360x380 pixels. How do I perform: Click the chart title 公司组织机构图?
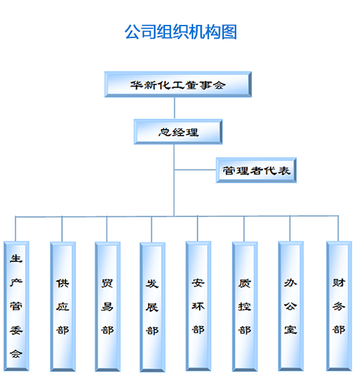pyautogui.click(x=181, y=31)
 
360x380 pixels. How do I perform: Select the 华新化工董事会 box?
pyautogui.click(x=178, y=85)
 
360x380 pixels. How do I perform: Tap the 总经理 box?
pyautogui.click(x=178, y=132)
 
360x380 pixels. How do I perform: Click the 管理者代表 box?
pyautogui.click(x=257, y=170)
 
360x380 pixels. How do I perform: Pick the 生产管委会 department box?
pyautogui.click(x=16, y=306)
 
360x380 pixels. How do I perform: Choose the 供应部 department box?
pyautogui.click(x=63, y=307)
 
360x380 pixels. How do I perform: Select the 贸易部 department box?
pyautogui.click(x=107, y=307)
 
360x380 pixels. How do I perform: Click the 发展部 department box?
pyautogui.click(x=153, y=307)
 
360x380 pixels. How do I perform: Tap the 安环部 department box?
pyautogui.click(x=198, y=306)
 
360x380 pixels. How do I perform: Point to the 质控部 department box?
pyautogui.click(x=245, y=307)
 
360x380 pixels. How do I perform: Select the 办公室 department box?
pyautogui.click(x=291, y=306)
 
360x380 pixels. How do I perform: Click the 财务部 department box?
pyautogui.click(x=339, y=306)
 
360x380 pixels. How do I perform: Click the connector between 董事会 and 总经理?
pyautogui.click(x=175, y=108)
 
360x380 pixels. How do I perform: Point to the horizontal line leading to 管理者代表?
pyautogui.click(x=195, y=170)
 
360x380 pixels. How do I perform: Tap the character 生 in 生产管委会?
pyautogui.click(x=16, y=259)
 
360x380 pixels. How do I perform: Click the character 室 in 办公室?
pyautogui.click(x=291, y=330)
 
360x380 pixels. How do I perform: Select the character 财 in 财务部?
pyautogui.click(x=338, y=282)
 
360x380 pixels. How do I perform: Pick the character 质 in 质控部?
pyautogui.click(x=245, y=283)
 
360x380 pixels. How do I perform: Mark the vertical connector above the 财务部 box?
pyautogui.click(x=338, y=228)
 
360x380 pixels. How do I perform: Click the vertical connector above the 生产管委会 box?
pyautogui.click(x=16, y=229)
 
